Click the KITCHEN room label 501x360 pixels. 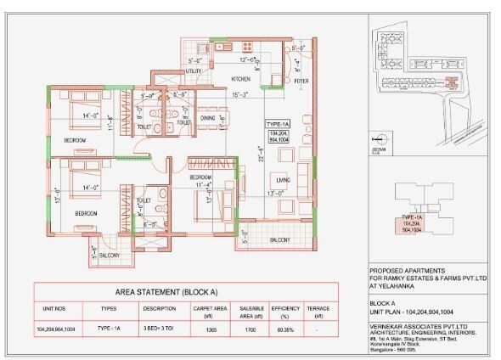241,79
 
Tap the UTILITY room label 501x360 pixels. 194,72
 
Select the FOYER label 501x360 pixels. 301,82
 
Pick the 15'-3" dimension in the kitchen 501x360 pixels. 241,94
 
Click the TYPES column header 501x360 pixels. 108,308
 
